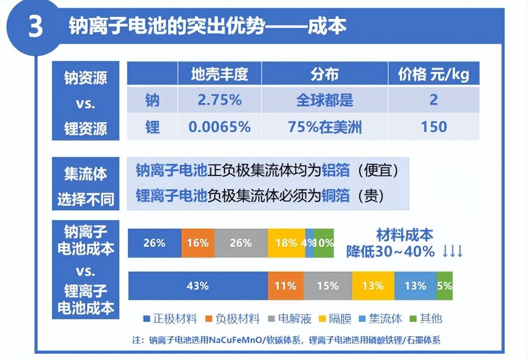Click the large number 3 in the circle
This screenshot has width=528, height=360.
point(35,28)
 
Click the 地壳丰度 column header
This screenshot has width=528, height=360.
point(220,74)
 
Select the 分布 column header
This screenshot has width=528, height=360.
point(325,74)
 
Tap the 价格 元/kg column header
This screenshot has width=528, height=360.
point(434,74)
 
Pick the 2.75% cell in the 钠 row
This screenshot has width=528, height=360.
point(220,100)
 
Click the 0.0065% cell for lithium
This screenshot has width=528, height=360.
point(220,127)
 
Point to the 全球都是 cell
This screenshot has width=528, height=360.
point(325,100)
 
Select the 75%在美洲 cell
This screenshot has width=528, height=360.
point(325,127)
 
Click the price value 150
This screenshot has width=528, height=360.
point(434,127)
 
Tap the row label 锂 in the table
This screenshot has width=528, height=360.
point(152,127)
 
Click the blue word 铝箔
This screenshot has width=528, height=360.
point(336,170)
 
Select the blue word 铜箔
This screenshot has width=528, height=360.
point(336,195)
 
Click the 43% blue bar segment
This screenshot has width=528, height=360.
point(198,286)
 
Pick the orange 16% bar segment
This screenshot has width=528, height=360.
point(198,243)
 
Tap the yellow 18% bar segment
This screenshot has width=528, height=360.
point(286,243)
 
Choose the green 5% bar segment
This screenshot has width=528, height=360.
point(445,286)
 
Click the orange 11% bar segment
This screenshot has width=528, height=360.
point(285,286)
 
